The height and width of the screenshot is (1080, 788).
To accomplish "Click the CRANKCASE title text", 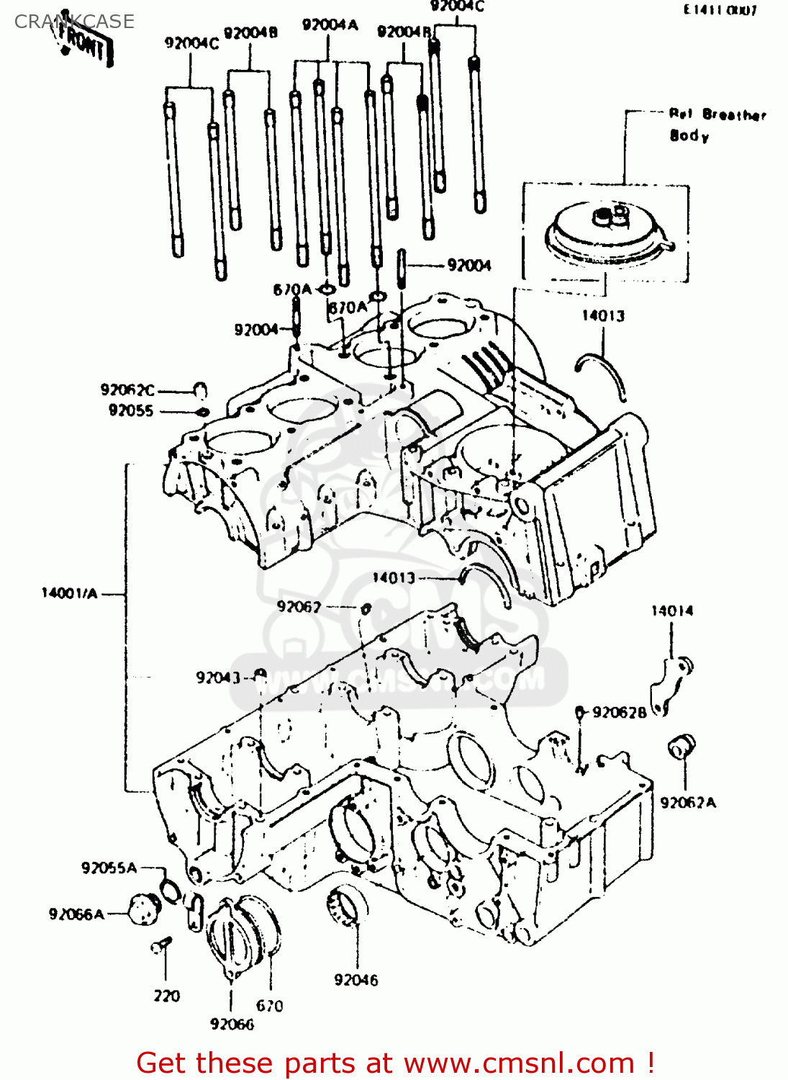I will click(74, 22).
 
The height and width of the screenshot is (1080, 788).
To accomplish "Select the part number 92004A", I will click(330, 25).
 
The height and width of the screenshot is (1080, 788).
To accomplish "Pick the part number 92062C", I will click(127, 390).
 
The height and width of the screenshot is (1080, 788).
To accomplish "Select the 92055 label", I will click(131, 410).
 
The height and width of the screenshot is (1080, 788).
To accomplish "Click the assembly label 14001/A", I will click(69, 593).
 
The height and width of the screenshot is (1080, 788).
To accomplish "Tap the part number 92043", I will click(217, 678).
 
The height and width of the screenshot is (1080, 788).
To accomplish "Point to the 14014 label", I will click(672, 611).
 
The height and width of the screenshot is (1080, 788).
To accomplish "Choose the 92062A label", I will click(688, 802).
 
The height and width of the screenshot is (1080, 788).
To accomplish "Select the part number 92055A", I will click(109, 868).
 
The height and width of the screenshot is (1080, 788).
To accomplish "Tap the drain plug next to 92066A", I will click(142, 909).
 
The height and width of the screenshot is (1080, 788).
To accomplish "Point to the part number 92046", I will click(355, 979).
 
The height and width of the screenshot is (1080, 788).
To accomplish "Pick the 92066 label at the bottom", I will click(232, 1024).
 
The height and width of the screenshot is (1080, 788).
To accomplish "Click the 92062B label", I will click(619, 712).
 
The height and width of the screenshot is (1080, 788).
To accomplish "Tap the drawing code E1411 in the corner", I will click(720, 10).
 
